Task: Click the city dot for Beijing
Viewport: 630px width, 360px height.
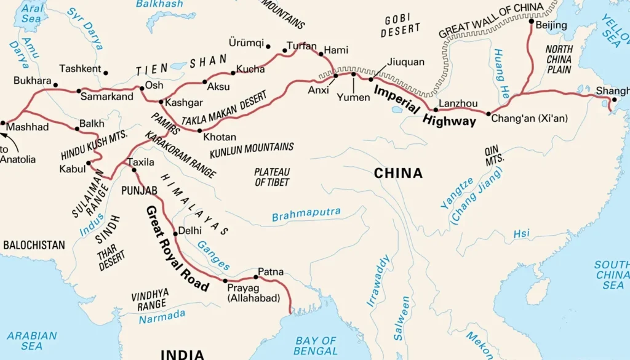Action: [532, 22]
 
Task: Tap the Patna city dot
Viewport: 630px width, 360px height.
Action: [256, 277]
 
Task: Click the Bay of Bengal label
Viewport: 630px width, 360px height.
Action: [316, 346]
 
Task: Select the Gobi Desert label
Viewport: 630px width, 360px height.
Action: [402, 25]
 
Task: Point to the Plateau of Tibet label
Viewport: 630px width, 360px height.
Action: [272, 177]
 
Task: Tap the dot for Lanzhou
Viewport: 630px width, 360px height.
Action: [436, 110]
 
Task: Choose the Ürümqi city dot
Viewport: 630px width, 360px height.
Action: [268, 46]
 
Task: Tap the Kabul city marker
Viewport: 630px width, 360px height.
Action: [90, 163]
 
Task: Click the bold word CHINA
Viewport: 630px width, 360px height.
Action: [398, 174]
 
